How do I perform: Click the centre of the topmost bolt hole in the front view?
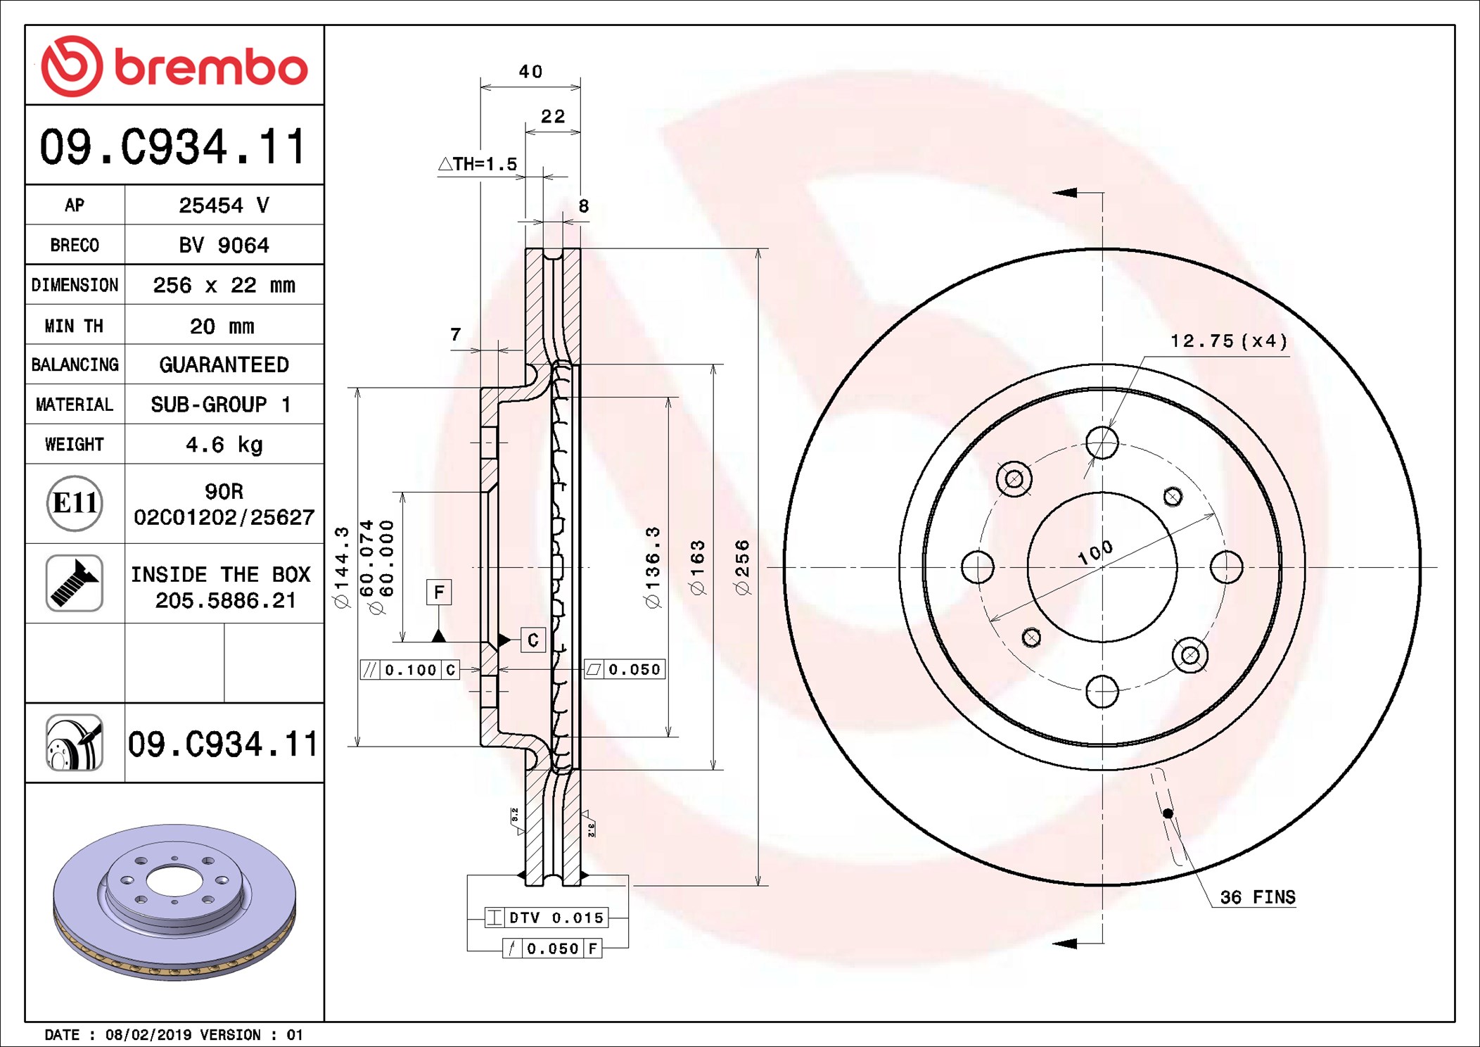(x=1102, y=443)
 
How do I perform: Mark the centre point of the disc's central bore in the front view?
(x=1102, y=567)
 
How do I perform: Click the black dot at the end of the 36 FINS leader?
(x=1168, y=813)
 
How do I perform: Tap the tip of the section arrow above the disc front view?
(x=1053, y=192)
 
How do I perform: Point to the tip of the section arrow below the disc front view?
(x=1053, y=943)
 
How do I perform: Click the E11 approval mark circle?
(x=75, y=503)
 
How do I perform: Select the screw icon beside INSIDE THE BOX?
(x=75, y=583)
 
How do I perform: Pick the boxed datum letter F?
(x=439, y=592)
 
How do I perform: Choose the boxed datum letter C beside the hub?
(x=532, y=640)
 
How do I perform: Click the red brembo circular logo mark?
(x=72, y=66)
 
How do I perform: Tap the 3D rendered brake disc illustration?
(x=174, y=902)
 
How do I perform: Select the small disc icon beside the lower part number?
(x=75, y=742)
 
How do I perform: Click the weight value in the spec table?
(x=224, y=445)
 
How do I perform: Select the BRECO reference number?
(x=224, y=245)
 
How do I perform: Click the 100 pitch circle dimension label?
(x=1095, y=552)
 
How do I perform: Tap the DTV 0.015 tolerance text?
(x=556, y=918)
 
